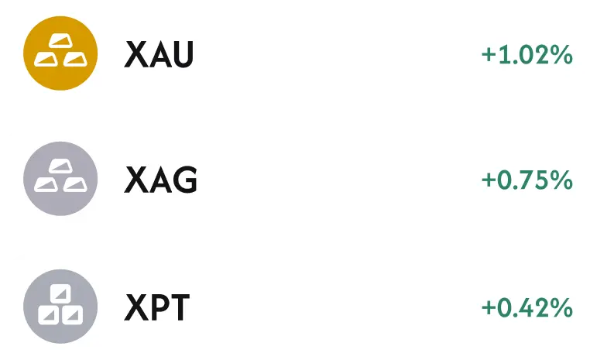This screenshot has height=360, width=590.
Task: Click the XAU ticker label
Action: (x=159, y=54)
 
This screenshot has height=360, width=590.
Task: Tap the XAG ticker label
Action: (x=161, y=180)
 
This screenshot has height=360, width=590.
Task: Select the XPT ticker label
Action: (x=157, y=307)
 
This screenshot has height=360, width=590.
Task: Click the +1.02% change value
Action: (x=527, y=55)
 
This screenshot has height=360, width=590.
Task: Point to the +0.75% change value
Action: (x=527, y=180)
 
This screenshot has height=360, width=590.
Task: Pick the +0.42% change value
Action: (x=527, y=307)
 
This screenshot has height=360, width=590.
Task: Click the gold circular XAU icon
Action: (x=60, y=53)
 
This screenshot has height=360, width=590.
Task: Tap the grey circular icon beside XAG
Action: (x=60, y=179)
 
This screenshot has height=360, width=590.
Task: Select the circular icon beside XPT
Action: (x=60, y=307)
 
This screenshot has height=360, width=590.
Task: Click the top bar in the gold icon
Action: (x=60, y=40)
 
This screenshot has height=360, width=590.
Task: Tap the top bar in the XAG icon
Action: (x=60, y=166)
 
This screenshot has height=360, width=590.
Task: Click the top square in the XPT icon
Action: (x=60, y=293)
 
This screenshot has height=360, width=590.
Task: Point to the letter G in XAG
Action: (x=185, y=180)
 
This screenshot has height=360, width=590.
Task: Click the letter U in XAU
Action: (x=182, y=54)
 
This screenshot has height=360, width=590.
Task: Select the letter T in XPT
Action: (x=179, y=307)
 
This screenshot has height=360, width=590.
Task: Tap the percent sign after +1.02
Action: (x=561, y=55)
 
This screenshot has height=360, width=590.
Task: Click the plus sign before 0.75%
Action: (x=489, y=180)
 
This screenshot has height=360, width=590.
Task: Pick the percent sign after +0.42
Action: (x=561, y=307)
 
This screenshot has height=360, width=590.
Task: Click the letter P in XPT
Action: (x=158, y=307)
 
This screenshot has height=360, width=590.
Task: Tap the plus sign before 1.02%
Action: (x=489, y=55)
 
